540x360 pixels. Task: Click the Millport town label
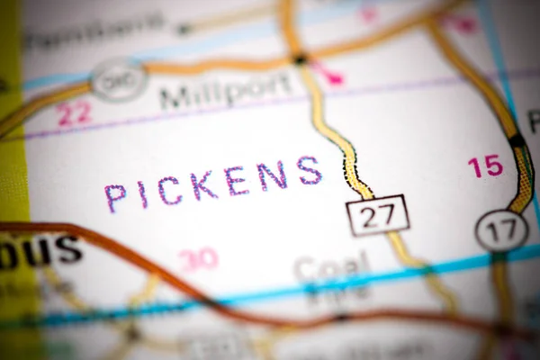pyautogui.click(x=225, y=90)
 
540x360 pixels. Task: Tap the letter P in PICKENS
pyautogui.click(x=115, y=197)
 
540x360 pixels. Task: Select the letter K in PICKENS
pyautogui.click(x=203, y=185)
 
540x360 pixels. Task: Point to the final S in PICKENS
pyautogui.click(x=310, y=170)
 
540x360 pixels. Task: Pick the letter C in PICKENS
pyautogui.click(x=173, y=190)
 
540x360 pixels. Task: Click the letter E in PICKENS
pyautogui.click(x=237, y=181)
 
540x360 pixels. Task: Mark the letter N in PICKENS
pyautogui.click(x=272, y=175)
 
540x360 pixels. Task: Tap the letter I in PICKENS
pyautogui.click(x=144, y=194)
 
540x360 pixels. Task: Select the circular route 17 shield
pyautogui.click(x=501, y=230)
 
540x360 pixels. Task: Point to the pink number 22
pyautogui.click(x=74, y=113)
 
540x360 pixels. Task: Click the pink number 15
pyautogui.click(x=484, y=166)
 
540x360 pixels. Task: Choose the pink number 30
pyautogui.click(x=198, y=259)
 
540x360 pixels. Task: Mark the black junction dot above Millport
pyautogui.click(x=301, y=59)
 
